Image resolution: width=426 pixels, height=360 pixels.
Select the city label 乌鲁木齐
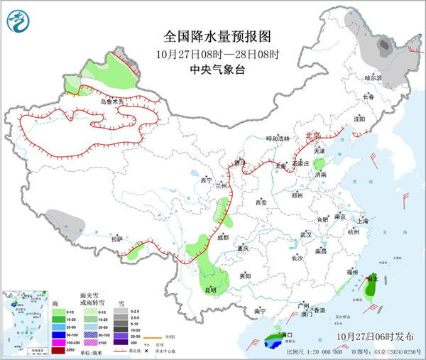point(111,102)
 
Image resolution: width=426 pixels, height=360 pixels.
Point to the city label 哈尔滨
point(373,77)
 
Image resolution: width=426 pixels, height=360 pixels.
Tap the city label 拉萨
point(116,238)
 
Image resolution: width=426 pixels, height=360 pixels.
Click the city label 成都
point(224,237)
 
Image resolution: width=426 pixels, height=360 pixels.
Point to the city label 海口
point(286,334)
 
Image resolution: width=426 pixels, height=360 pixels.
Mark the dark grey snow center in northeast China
point(383,47)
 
